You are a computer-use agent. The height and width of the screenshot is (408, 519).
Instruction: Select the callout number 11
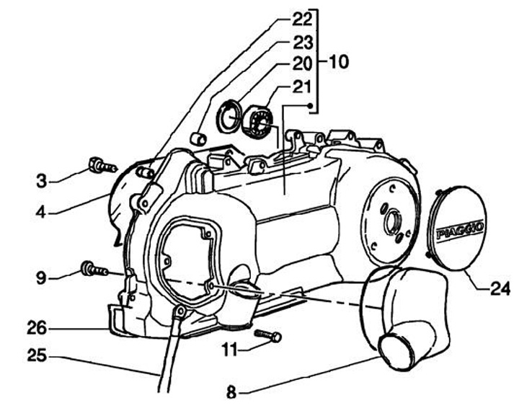pyautogui.click(x=229, y=350)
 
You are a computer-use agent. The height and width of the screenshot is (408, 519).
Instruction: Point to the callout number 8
pyautogui.click(x=231, y=394)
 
